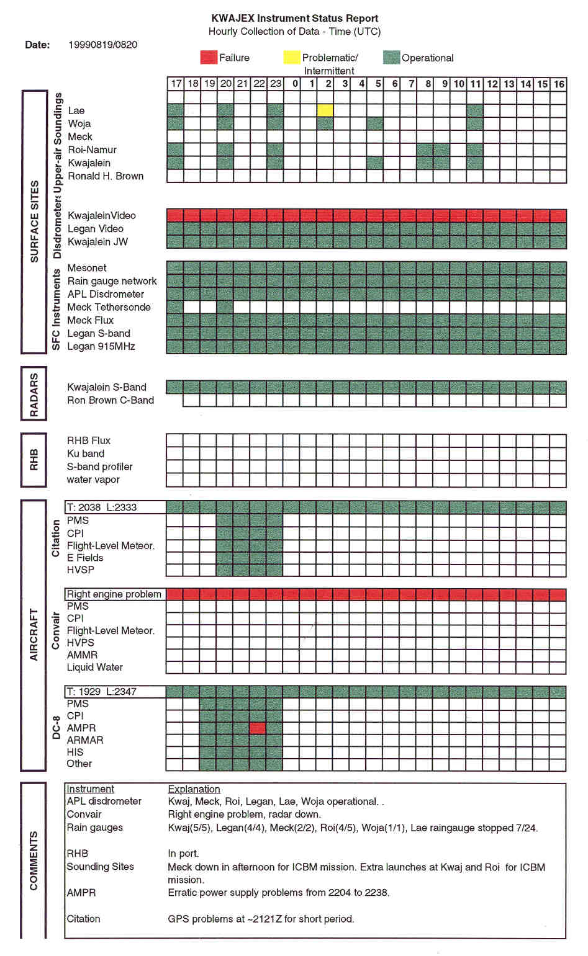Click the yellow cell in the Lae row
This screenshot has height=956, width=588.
click(x=325, y=110)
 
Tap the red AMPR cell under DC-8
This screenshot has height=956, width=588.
click(x=258, y=728)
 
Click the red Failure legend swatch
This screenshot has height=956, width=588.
click(x=209, y=58)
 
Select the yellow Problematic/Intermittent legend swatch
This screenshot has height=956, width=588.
click(x=291, y=58)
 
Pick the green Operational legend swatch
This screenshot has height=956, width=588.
click(x=391, y=58)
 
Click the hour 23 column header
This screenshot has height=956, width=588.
click(x=275, y=84)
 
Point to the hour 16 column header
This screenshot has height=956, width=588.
click(x=559, y=84)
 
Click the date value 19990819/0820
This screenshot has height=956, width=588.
click(x=103, y=45)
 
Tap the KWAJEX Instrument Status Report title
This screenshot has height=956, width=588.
click(x=294, y=19)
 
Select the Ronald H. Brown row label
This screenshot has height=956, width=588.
click(x=106, y=176)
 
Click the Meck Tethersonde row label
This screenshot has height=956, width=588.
click(x=109, y=307)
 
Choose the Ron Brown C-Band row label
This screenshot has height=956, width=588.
click(x=111, y=400)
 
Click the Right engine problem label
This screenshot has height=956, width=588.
click(x=114, y=594)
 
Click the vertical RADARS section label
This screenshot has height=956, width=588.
click(x=34, y=395)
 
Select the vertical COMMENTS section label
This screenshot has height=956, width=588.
click(x=34, y=860)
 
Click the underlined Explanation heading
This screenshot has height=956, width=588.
click(x=194, y=789)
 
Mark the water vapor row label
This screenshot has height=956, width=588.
click(x=93, y=480)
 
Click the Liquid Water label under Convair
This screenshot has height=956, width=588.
click(x=95, y=667)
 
